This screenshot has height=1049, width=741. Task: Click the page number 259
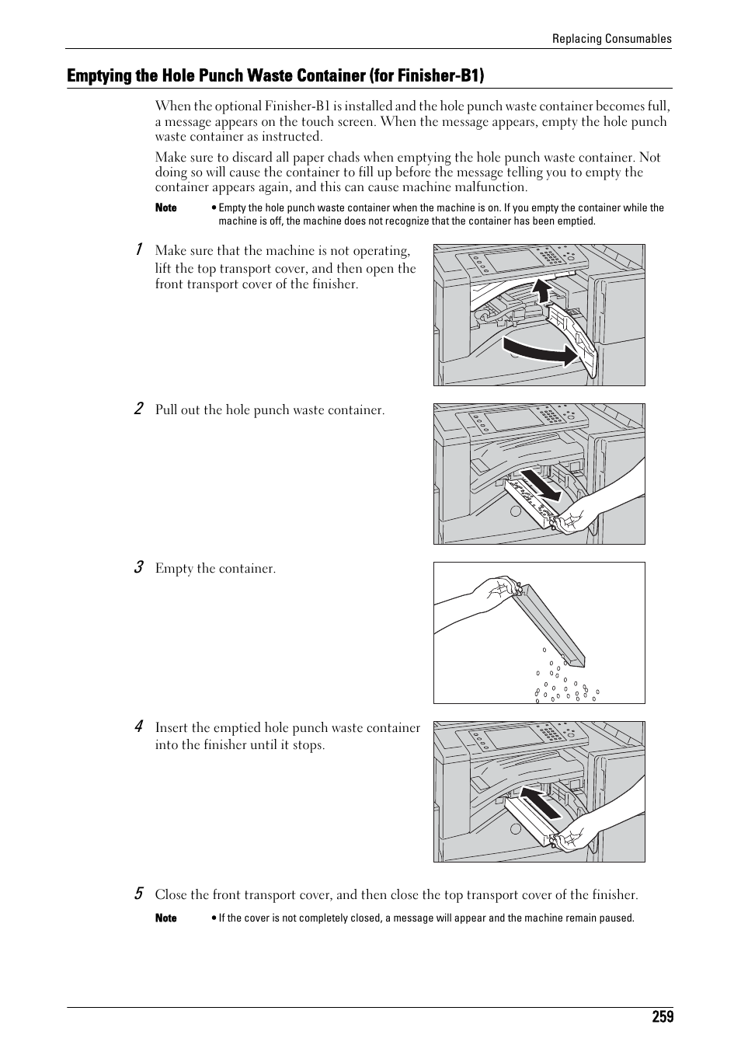coord(663,1017)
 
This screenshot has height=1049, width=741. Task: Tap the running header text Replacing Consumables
coord(612,39)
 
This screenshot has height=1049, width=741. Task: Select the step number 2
coord(137,409)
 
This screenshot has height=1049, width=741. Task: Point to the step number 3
coord(137,567)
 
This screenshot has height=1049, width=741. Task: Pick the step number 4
coord(137,727)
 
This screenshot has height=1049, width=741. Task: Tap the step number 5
coord(137,894)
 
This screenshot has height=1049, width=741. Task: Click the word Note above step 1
coord(165,208)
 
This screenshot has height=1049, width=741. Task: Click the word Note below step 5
coord(165,918)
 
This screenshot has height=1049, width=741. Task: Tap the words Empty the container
coord(215,569)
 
